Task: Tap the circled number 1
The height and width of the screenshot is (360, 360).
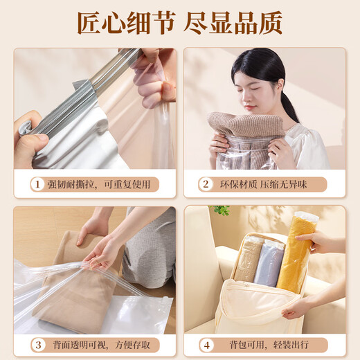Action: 36,184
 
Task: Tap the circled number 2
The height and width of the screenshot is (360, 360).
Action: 205,184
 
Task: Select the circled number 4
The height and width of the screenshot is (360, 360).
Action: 206,344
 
